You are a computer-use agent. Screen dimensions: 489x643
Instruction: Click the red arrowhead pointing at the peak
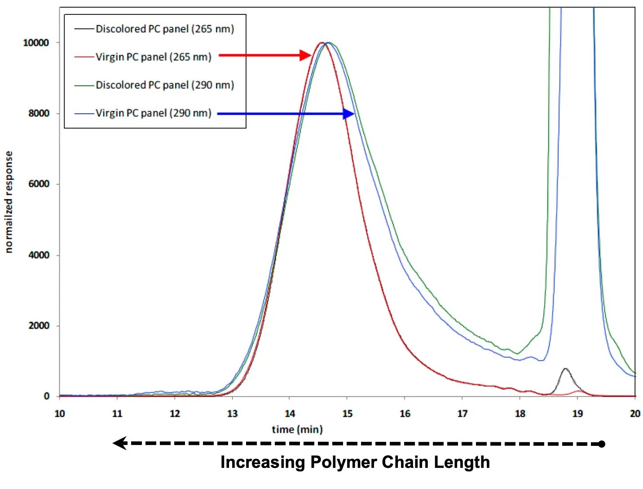(305, 55)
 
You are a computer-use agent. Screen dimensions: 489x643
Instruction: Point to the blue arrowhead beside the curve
(349, 114)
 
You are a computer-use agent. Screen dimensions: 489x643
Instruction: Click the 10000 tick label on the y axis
(36, 43)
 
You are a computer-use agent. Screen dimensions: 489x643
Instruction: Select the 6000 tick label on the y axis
(39, 184)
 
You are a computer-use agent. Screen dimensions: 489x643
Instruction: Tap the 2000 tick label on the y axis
(39, 325)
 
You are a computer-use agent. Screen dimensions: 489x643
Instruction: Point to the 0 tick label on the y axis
(47, 396)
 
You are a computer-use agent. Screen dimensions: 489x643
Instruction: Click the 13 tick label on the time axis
(232, 413)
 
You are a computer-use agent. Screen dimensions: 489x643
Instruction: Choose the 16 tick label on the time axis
(405, 413)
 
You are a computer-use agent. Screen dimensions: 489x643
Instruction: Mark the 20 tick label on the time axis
(634, 413)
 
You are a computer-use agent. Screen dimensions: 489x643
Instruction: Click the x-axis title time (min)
(297, 430)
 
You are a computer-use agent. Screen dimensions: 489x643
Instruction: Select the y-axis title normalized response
(9, 202)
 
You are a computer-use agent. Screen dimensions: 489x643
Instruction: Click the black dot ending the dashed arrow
(602, 444)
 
